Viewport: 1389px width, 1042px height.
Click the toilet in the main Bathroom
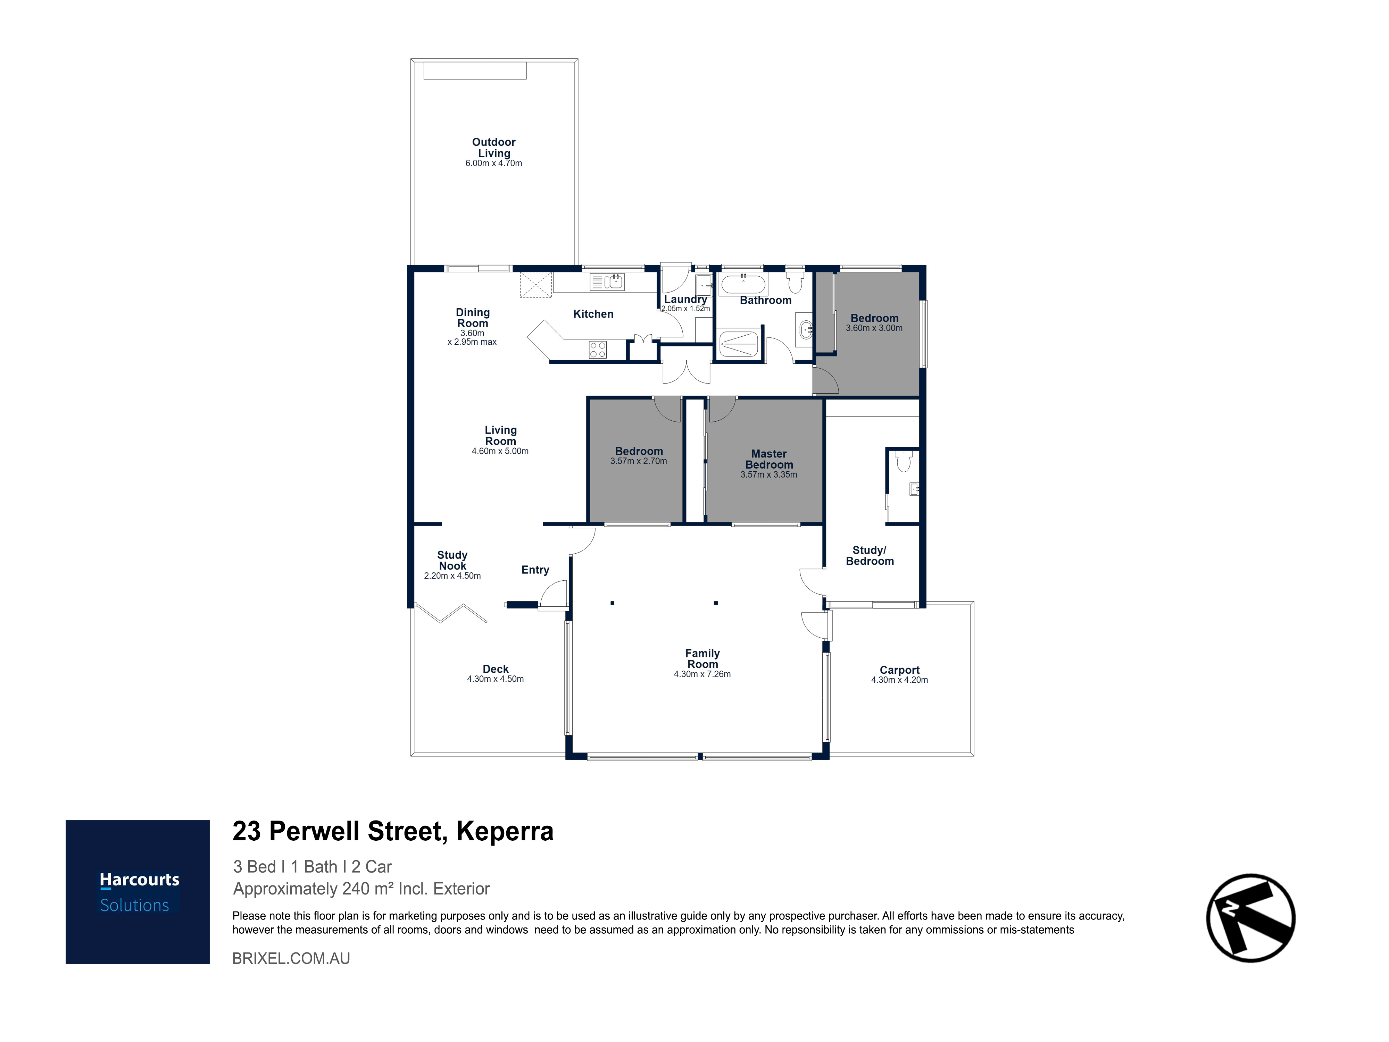tap(795, 280)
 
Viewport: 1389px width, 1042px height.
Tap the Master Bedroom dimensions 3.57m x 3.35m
tap(768, 474)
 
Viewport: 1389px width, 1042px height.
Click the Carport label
tap(899, 670)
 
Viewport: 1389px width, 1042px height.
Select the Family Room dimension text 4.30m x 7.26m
tap(702, 674)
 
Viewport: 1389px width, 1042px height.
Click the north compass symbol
tap(1250, 918)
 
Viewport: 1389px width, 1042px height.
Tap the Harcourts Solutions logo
tap(138, 892)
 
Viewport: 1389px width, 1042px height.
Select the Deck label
tap(496, 669)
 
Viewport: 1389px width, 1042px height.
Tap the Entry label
tap(535, 570)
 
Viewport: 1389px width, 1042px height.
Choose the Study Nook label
tap(452, 561)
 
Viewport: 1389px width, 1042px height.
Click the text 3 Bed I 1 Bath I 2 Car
tap(312, 867)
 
